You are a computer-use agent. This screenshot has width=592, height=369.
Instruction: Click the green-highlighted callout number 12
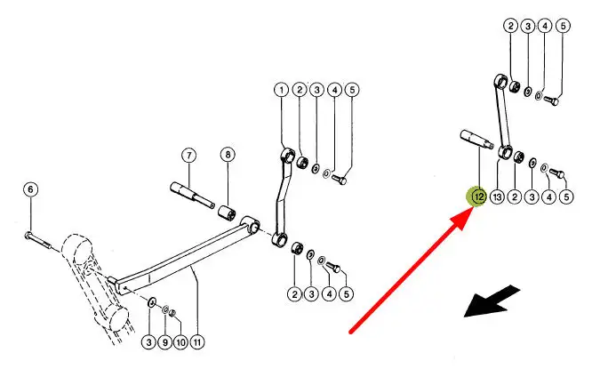point(479,197)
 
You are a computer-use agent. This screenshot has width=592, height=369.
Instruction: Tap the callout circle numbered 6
point(30,189)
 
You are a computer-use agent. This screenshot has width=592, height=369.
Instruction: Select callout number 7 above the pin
point(188,156)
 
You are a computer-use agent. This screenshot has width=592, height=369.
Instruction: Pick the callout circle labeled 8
point(228,155)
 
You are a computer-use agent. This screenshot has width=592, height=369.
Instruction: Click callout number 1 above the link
point(281,91)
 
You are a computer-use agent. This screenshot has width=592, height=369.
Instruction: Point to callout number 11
point(196,342)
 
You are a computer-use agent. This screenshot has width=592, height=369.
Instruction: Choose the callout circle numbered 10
point(180,342)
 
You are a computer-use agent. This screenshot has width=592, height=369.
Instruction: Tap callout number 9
point(164,342)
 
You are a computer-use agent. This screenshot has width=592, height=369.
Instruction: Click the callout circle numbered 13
point(497,197)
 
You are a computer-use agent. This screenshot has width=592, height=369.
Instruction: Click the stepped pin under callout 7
point(193,195)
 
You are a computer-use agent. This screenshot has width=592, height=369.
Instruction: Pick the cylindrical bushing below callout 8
point(228,214)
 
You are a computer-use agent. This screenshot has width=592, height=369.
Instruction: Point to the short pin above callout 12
point(476,139)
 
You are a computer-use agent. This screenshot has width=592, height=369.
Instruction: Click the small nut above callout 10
point(172,313)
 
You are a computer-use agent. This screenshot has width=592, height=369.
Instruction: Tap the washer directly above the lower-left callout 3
point(151,302)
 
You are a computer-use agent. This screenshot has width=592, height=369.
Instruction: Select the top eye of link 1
point(289,155)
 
